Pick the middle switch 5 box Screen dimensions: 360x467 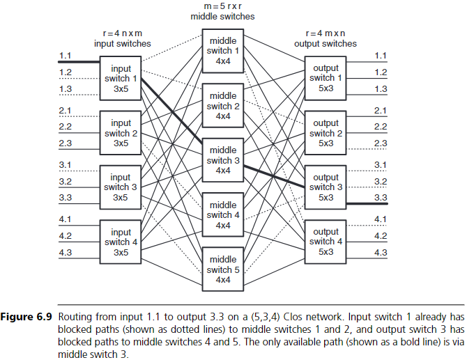[x=222, y=269]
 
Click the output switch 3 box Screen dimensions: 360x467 [x=326, y=187]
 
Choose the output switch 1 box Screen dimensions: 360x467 [x=326, y=77]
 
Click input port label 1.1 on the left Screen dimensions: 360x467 [x=66, y=55]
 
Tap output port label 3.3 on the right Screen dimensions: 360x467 [x=381, y=197]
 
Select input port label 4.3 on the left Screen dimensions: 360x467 [x=66, y=252]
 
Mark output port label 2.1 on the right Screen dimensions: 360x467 [x=381, y=111]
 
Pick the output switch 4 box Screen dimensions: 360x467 [x=326, y=240]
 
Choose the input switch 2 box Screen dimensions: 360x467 [x=121, y=132]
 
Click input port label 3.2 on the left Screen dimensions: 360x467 [x=66, y=181]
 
